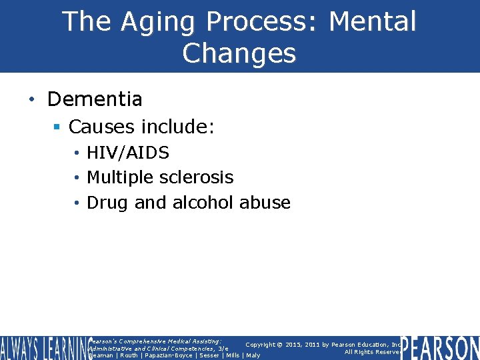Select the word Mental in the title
(373, 21)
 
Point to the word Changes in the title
(239, 53)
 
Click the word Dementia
(95, 99)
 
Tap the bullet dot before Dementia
(31, 100)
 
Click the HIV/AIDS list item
(128, 153)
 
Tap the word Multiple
(121, 177)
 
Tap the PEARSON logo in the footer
(440, 347)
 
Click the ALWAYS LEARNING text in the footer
(43, 347)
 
